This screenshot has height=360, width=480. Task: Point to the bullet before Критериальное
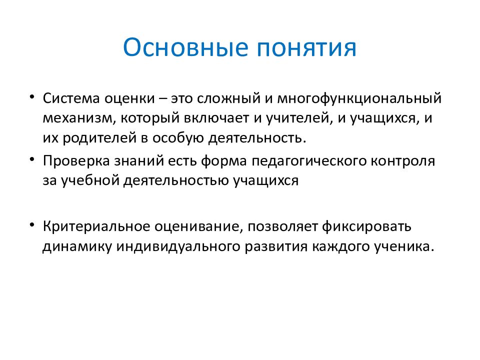(32, 224)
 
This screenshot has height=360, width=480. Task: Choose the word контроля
(404, 161)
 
